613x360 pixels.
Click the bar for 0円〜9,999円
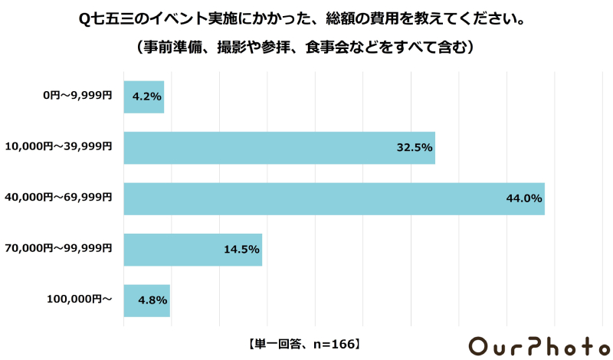[144, 97]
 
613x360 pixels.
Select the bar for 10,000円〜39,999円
[279, 148]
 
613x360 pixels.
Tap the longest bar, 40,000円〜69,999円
[334, 198]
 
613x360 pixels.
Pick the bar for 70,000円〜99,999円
[193, 250]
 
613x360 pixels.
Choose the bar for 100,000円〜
[146, 300]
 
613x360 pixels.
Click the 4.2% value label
[146, 97]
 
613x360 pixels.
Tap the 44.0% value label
[524, 198]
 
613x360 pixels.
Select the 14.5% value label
[242, 250]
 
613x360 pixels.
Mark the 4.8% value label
[152, 300]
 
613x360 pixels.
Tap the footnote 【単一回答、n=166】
[304, 344]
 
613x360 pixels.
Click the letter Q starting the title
[84, 18]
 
